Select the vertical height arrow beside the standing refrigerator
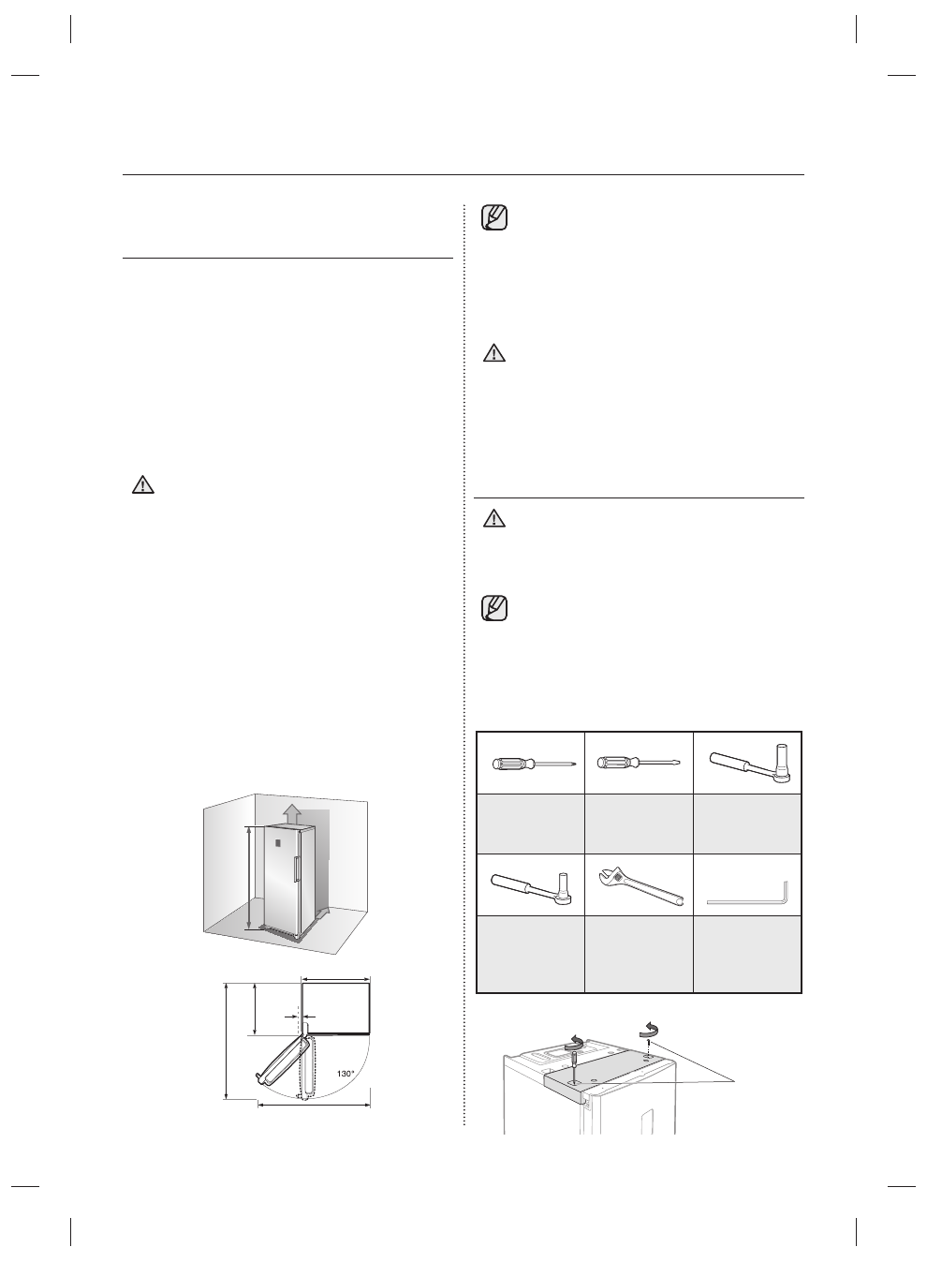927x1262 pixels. tap(248, 877)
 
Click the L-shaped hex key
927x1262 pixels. tap(749, 895)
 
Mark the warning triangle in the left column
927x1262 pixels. tap(141, 485)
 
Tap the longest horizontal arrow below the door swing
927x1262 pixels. tap(313, 1106)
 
